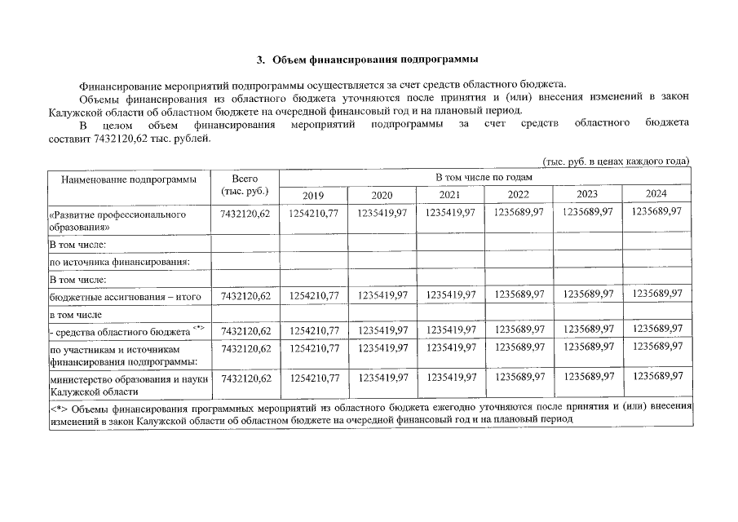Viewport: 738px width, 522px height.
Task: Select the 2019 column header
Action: point(313,195)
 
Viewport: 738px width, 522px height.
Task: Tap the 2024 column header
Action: point(656,194)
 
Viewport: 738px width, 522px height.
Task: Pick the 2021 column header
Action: point(449,195)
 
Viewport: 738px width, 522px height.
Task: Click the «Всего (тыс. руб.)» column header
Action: point(245,185)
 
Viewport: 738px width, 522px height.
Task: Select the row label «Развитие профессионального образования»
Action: point(118,220)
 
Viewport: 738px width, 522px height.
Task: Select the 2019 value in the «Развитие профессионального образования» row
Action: point(313,213)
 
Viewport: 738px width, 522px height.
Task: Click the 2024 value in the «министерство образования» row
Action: point(656,378)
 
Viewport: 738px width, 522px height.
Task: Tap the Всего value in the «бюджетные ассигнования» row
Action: point(245,296)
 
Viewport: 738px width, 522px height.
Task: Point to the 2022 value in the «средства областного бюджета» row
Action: point(519,330)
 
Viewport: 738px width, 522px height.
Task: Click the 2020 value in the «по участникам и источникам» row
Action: point(382,348)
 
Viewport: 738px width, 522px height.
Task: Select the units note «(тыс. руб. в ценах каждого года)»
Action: point(616,161)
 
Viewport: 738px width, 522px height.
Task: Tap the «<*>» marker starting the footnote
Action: point(59,405)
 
